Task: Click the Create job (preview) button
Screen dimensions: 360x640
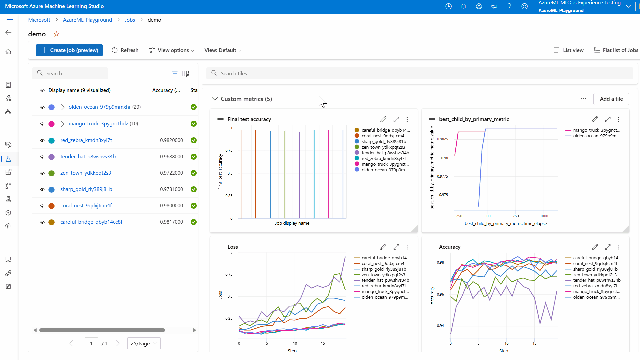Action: click(x=69, y=50)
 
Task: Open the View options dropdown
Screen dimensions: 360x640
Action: click(x=171, y=50)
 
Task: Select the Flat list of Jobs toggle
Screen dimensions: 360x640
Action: click(x=616, y=50)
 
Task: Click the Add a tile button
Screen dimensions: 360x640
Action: click(x=611, y=99)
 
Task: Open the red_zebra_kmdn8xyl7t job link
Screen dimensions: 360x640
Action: click(x=86, y=140)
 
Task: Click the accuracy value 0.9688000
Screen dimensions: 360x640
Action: click(x=171, y=157)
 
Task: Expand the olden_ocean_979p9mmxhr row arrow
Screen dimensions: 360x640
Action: click(x=63, y=107)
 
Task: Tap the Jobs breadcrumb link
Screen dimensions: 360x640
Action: click(x=130, y=20)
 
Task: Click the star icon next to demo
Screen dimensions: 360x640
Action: click(x=56, y=34)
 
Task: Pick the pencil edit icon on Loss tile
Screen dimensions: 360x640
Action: click(x=383, y=247)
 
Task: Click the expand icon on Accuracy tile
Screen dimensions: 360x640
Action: click(x=608, y=247)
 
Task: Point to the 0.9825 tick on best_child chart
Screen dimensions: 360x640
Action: click(x=442, y=139)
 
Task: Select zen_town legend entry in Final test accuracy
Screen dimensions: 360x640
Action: click(x=383, y=147)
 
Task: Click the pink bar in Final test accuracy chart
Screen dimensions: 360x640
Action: click(x=329, y=173)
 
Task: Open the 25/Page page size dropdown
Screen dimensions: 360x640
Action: click(x=144, y=343)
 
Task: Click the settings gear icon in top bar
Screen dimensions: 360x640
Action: click(x=479, y=6)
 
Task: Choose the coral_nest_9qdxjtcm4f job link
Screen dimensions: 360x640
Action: click(x=86, y=206)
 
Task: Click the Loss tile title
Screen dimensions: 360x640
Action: click(x=233, y=247)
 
